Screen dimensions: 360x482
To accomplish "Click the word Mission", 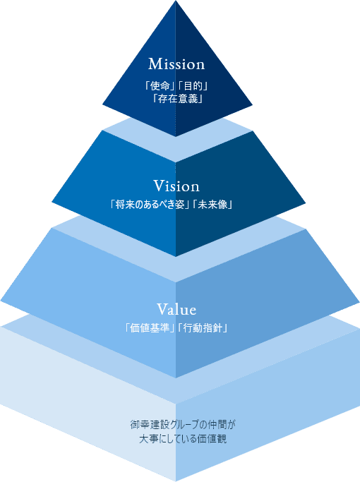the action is tap(176, 64).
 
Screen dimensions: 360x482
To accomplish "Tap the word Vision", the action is tap(176, 186).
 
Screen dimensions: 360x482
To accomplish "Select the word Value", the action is tap(176, 309).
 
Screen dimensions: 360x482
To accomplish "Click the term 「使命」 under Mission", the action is tap(160, 86).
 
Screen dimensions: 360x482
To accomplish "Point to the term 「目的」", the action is tap(193, 86).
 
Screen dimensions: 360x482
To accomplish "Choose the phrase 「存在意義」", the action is tap(177, 99).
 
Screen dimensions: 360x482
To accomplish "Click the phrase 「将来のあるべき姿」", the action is tap(149, 205).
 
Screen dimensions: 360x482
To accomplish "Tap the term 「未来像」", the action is tap(212, 205).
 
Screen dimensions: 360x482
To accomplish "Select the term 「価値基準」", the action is tap(150, 328).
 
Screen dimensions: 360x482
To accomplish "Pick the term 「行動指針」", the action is tap(203, 328).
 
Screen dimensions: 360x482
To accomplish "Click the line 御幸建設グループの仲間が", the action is tap(183, 425).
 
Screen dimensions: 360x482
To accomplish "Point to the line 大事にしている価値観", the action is tap(183, 439).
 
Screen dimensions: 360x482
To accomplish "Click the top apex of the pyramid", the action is tap(176, 1).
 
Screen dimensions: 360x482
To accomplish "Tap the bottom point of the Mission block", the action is tap(176, 136).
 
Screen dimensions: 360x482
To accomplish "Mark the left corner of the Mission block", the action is tap(102, 104).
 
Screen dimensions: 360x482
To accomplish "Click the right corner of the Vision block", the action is tap(306, 203).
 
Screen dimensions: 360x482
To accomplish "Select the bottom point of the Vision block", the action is tap(176, 256).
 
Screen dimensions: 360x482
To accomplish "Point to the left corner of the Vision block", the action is tap(52, 202).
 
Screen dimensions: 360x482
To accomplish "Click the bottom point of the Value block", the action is tap(176, 378).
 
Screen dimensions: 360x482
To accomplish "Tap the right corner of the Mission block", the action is tap(253, 105).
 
